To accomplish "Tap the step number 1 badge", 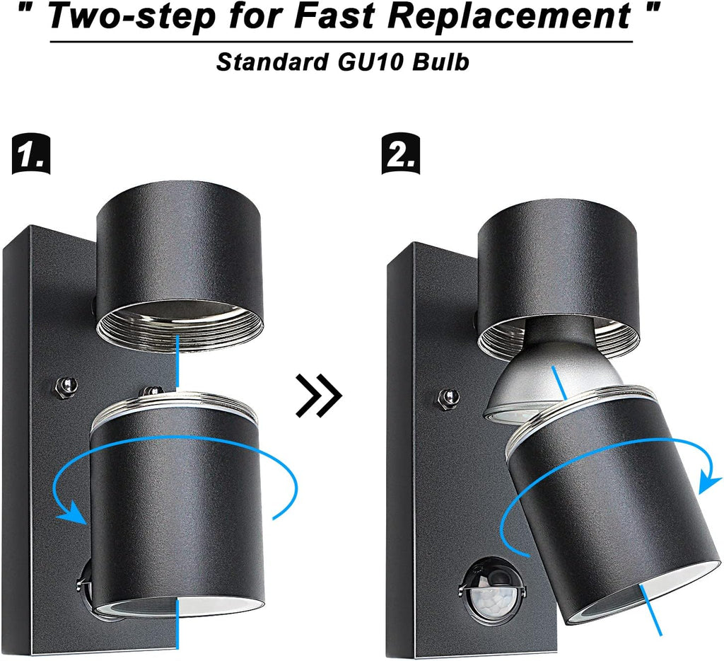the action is (30, 154).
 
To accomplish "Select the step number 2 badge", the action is (401, 154).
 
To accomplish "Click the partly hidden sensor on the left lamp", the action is (85, 583).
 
